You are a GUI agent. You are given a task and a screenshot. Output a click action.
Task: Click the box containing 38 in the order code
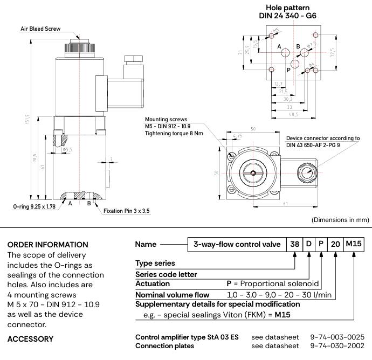(x=294, y=244)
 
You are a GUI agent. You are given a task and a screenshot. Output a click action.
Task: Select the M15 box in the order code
(x=354, y=244)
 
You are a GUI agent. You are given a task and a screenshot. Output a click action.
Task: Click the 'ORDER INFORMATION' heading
(x=48, y=244)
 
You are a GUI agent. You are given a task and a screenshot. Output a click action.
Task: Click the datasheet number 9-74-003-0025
(x=337, y=337)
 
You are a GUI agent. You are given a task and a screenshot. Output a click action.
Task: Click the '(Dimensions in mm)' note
(x=340, y=220)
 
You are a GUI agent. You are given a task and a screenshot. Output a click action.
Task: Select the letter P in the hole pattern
(x=288, y=70)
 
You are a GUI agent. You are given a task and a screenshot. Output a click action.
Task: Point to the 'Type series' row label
(x=155, y=263)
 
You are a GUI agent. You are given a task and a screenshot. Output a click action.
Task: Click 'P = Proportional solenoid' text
(x=273, y=283)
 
